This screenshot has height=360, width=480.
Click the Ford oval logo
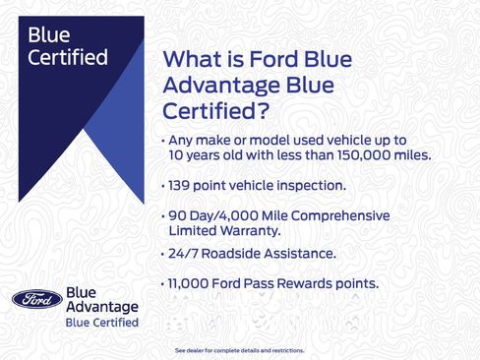point(37,299)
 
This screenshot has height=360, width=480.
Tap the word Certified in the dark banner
point(68,58)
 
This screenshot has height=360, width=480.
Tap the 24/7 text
point(184,254)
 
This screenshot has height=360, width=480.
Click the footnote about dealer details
point(239,350)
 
